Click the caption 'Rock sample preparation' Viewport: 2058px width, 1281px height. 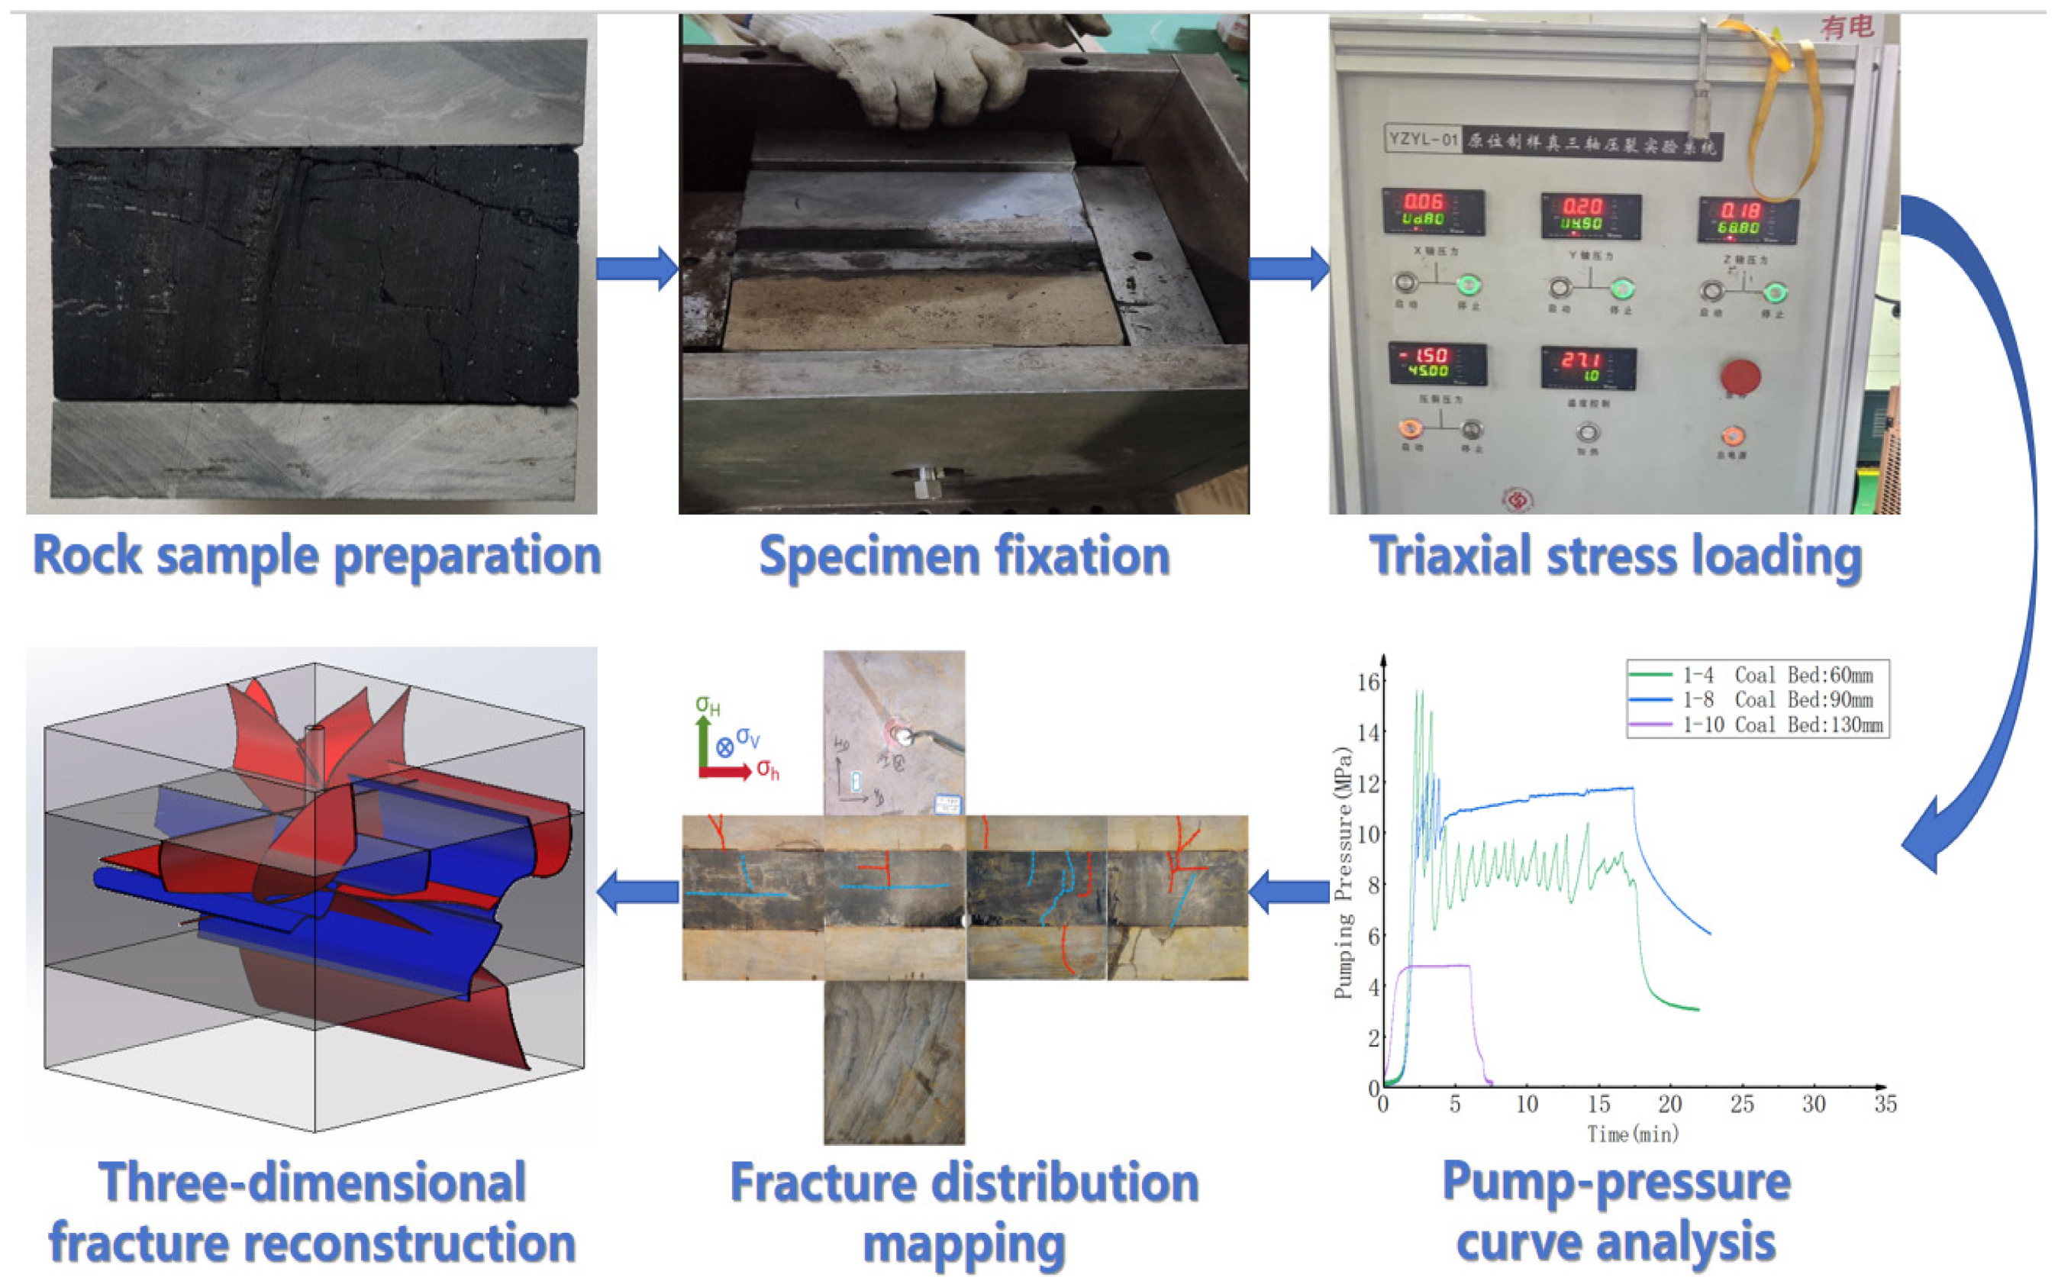316,557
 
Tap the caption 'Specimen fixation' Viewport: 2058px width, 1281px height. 964,557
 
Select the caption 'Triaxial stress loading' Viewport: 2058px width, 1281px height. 1615,557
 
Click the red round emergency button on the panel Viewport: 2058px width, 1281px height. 1740,376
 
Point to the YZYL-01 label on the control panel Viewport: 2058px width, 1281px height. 1423,138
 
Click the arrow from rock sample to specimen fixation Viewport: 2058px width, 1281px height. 637,269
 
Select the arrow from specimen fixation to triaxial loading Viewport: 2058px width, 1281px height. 1289,269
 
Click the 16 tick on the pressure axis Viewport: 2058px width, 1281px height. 1368,682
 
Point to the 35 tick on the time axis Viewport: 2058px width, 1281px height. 1885,1105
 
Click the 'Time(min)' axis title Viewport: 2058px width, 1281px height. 1632,1134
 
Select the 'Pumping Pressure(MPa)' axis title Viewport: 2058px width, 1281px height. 1344,873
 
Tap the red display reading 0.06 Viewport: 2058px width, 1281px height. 1424,202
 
